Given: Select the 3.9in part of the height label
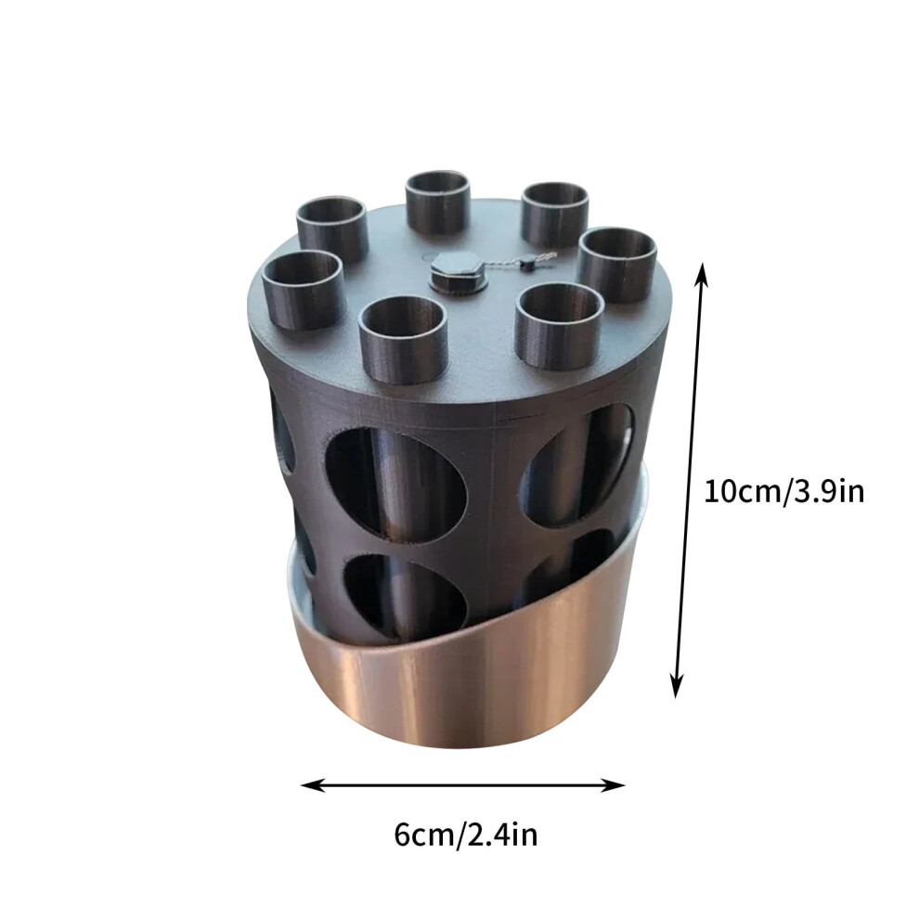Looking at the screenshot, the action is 829,491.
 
